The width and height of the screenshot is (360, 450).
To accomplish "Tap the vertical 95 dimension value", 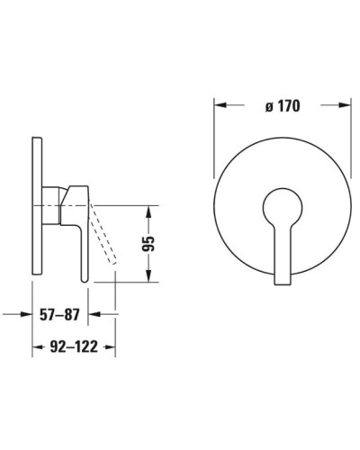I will [150, 242].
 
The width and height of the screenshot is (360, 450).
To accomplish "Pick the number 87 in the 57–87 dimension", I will [79, 316].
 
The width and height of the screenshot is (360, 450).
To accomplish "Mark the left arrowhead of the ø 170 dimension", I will [218, 105].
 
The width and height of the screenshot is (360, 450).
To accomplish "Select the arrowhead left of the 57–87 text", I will [27, 315].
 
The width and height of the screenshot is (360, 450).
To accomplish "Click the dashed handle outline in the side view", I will [104, 235].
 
